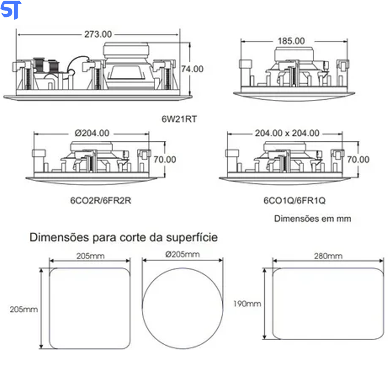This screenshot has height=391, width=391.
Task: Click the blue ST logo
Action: pyautogui.click(x=11, y=10)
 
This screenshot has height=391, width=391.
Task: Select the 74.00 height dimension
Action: pyautogui.click(x=192, y=69)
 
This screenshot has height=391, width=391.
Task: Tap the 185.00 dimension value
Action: pyautogui.click(x=291, y=41)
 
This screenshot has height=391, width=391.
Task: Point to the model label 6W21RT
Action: pyautogui.click(x=179, y=119)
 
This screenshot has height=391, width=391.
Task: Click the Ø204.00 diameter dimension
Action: pyautogui.click(x=92, y=133)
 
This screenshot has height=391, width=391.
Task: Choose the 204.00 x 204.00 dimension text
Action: pyautogui.click(x=287, y=133)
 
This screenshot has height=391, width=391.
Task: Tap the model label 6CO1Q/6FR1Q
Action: pyautogui.click(x=294, y=201)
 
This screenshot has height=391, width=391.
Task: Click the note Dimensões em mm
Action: pyautogui.click(x=312, y=219)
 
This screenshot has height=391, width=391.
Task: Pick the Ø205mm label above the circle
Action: pyautogui.click(x=182, y=255)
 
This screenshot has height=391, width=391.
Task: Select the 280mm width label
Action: pyautogui.click(x=328, y=256)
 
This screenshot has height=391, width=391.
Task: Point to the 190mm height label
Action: pyautogui.click(x=247, y=304)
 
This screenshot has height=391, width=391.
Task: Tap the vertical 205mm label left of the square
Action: pyautogui.click(x=24, y=309)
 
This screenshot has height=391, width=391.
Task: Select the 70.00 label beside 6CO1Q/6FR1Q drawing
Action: pyautogui.click(x=359, y=160)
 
